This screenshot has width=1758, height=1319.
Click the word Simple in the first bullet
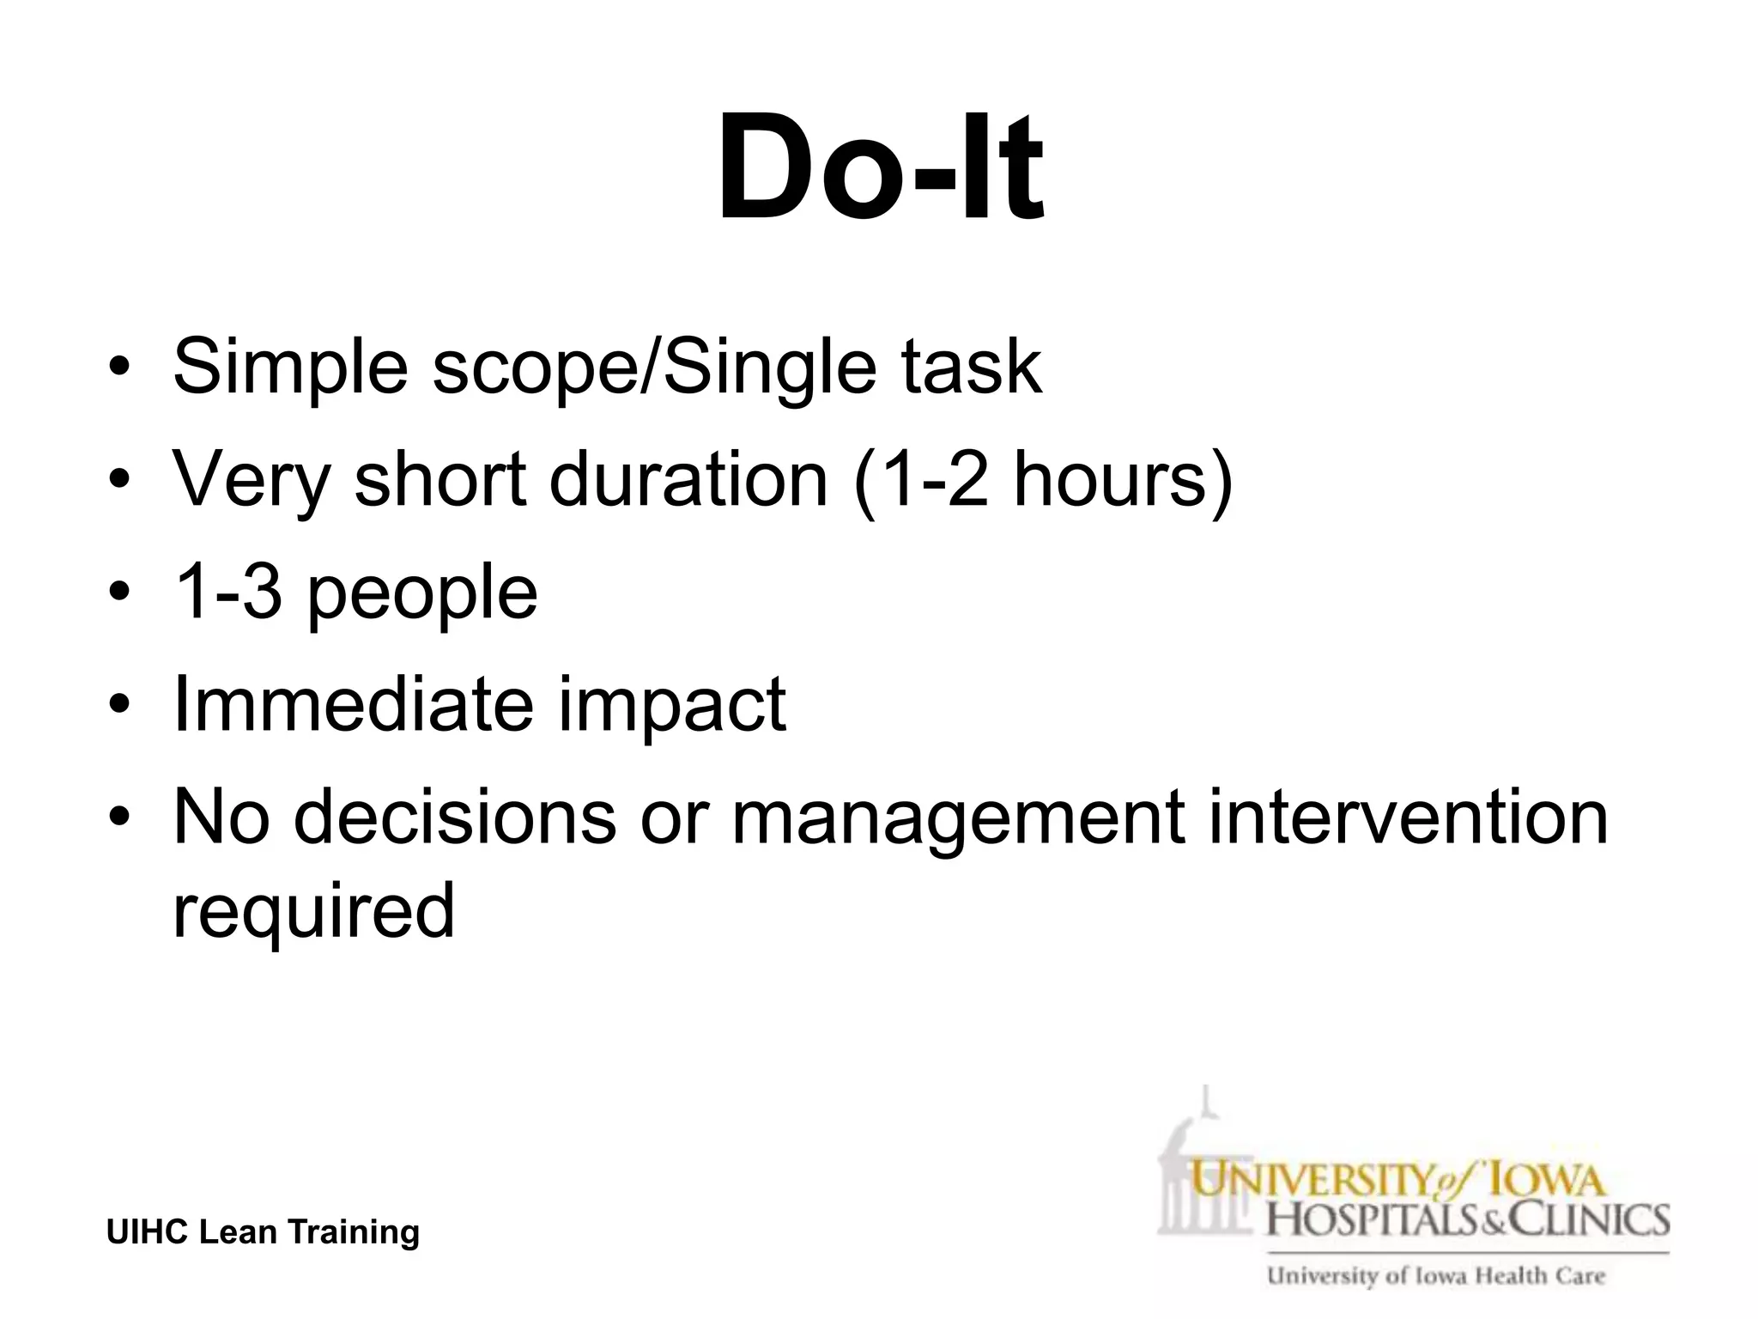(x=289, y=368)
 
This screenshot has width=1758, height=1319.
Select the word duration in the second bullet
(x=688, y=479)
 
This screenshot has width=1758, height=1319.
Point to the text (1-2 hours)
(x=1043, y=481)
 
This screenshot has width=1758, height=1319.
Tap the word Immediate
(x=352, y=703)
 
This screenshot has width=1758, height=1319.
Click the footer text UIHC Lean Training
(x=263, y=1231)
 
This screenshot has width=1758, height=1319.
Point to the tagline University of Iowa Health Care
(x=1436, y=1276)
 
